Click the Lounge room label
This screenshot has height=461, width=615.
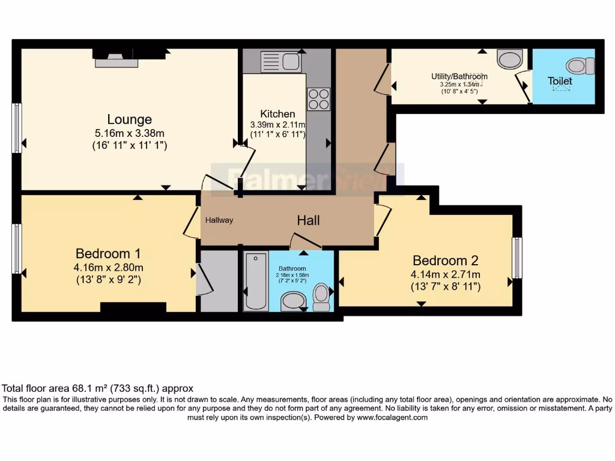tap(129, 119)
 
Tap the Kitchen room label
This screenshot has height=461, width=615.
tap(277, 113)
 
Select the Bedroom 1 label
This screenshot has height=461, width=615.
tap(109, 253)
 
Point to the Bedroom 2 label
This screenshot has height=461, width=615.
tap(445, 261)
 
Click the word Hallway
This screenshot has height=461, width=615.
tap(219, 220)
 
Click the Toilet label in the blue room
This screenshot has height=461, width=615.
tap(560, 80)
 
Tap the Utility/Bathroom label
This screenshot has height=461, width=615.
tap(459, 76)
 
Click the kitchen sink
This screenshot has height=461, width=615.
tap(280, 62)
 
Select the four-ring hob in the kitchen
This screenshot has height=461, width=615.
tap(318, 99)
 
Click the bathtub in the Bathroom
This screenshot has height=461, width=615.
tap(256, 281)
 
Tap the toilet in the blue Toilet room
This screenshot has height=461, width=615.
tap(580, 65)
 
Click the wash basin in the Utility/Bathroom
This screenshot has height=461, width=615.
tap(510, 59)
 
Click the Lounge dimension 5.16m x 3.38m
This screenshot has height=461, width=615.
tap(129, 133)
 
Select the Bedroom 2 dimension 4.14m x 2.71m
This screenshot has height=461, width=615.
tap(445, 274)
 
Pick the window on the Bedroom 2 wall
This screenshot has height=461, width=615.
tap(517, 258)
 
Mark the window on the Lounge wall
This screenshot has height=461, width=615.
tap(17, 127)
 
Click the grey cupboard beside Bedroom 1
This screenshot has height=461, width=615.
tap(219, 280)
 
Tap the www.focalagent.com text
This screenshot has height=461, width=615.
tap(392, 417)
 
